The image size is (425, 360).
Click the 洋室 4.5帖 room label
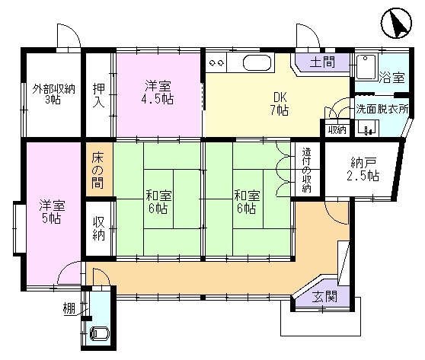pos(158,92)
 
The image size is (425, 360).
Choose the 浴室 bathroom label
pos(392,77)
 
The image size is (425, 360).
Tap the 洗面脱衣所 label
pos(382,109)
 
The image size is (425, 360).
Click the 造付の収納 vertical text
pos(307,170)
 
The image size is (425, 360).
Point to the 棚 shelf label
pos(69,309)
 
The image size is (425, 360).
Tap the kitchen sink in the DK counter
pos(255,62)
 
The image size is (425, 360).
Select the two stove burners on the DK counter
pos(216,62)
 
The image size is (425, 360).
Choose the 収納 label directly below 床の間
pos(99,229)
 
